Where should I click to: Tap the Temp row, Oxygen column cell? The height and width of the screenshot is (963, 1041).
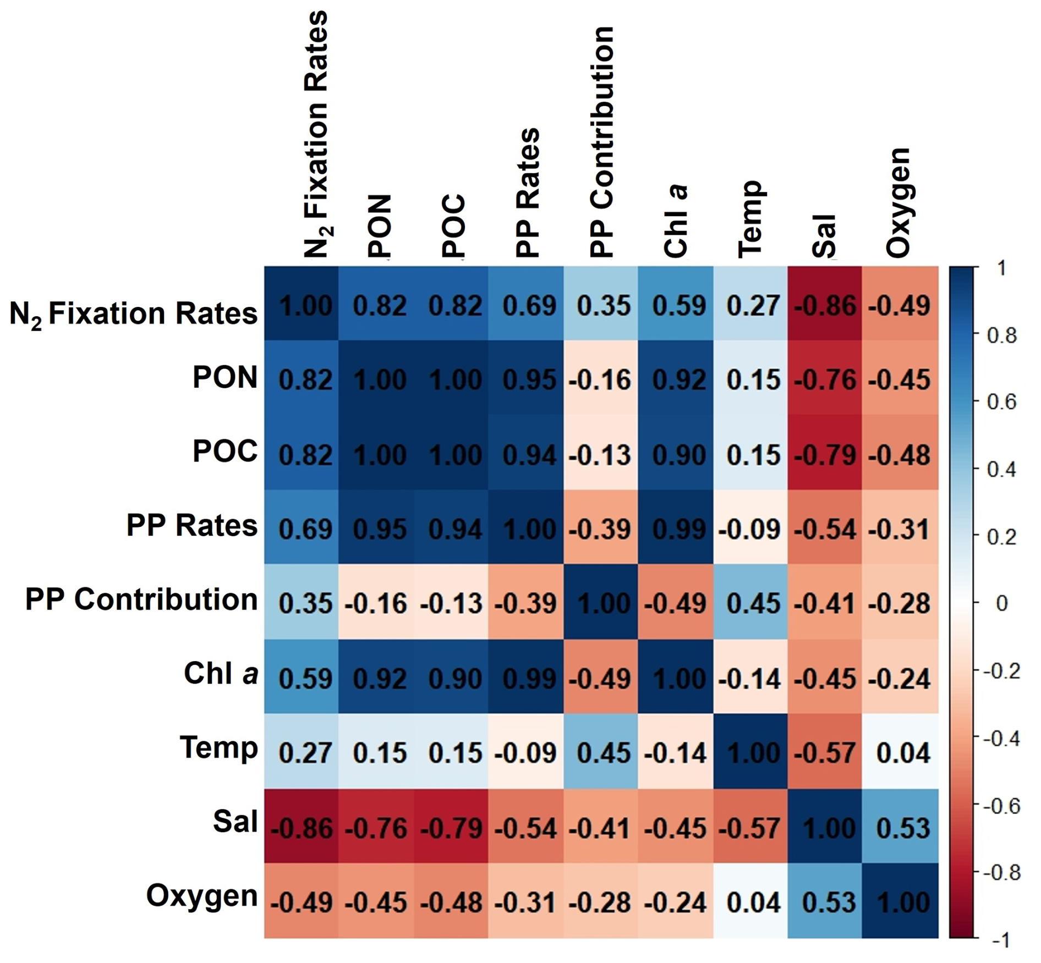click(x=900, y=751)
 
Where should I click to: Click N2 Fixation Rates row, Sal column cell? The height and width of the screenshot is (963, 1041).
click(x=824, y=304)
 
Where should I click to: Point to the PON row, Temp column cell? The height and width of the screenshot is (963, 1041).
click(x=750, y=378)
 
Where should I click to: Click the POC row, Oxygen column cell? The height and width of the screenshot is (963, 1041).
click(x=900, y=453)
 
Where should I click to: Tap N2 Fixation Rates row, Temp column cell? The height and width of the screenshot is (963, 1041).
click(x=750, y=304)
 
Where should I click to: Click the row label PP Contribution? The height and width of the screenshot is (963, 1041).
click(x=141, y=599)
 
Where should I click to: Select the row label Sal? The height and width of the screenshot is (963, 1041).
click(x=235, y=822)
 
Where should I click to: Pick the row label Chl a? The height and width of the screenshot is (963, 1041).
click(x=221, y=673)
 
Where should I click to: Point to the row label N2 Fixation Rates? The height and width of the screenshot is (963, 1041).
click(x=134, y=313)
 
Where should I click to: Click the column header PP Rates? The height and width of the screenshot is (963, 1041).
click(x=527, y=192)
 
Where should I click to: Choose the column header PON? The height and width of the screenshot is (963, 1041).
click(x=379, y=225)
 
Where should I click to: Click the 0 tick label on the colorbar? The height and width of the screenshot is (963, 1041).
click(x=1001, y=603)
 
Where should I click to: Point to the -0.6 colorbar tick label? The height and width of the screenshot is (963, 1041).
click(x=1001, y=806)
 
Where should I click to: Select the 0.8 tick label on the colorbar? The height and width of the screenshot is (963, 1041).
click(x=1001, y=335)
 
